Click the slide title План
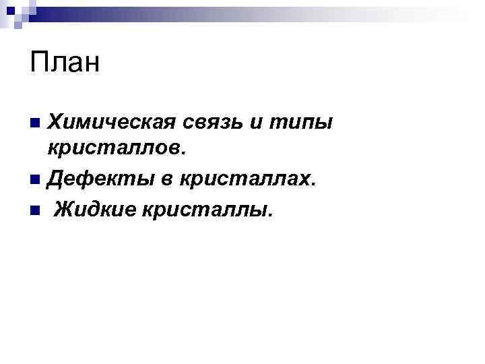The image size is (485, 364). click(65, 63)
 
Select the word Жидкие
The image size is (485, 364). click(94, 210)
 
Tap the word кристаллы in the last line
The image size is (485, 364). click(205, 210)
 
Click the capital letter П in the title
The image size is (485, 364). click(38, 63)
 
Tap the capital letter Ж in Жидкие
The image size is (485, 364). click(63, 210)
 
